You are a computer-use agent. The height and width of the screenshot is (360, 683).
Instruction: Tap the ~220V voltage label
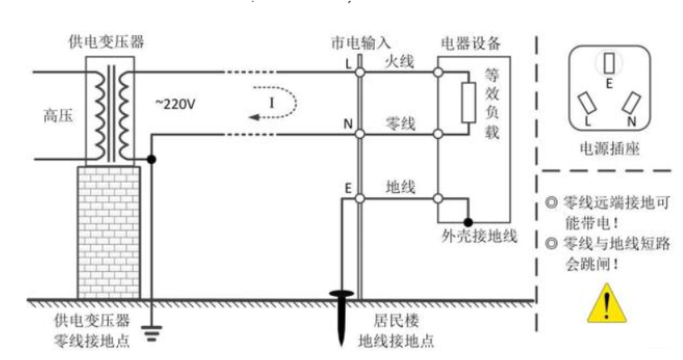click(x=176, y=103)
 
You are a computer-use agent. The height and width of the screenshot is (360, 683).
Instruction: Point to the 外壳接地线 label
click(x=480, y=236)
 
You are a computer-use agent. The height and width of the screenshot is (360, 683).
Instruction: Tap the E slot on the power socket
click(x=611, y=64)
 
